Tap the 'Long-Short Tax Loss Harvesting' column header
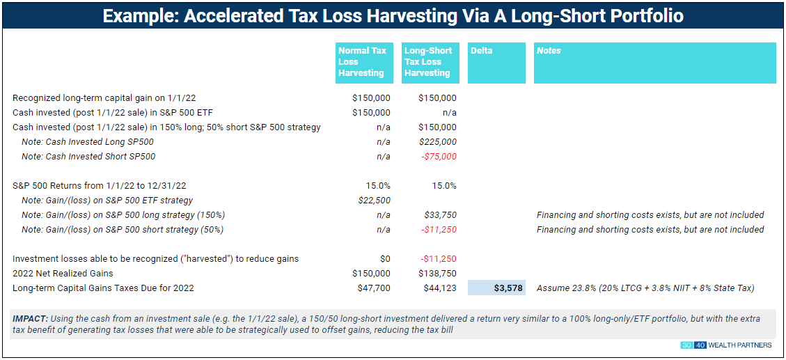point(429,62)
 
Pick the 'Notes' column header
point(654,62)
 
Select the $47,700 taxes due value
point(375,288)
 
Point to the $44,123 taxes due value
point(440,288)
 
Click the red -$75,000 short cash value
point(439,157)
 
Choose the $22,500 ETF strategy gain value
point(375,201)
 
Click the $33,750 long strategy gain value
point(442,215)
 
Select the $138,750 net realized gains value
point(438,274)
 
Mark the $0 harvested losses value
point(384,259)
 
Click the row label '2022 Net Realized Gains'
point(63,274)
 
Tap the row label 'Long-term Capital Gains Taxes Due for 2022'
point(103,288)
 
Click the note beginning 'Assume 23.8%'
point(645,288)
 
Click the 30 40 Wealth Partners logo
point(728,346)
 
